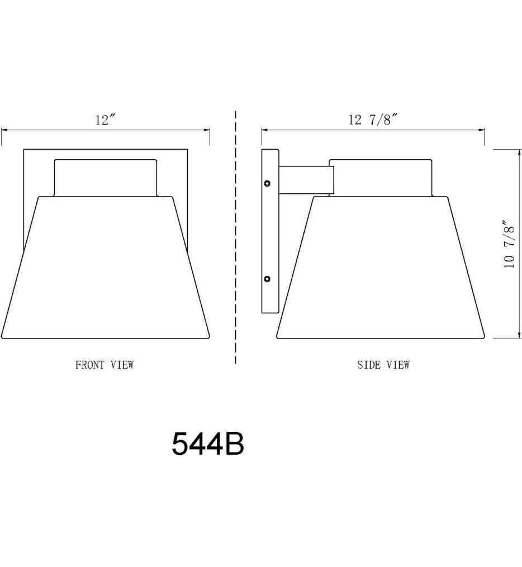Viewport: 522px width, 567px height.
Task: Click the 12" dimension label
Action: (x=105, y=120)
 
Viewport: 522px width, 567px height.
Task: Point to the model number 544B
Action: (x=208, y=444)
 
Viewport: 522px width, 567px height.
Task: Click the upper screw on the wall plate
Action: (x=267, y=183)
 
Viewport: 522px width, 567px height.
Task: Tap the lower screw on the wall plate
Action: (x=267, y=279)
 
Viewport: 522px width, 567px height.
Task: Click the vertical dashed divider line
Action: (x=235, y=237)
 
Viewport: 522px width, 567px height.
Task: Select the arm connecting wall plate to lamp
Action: (x=306, y=180)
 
